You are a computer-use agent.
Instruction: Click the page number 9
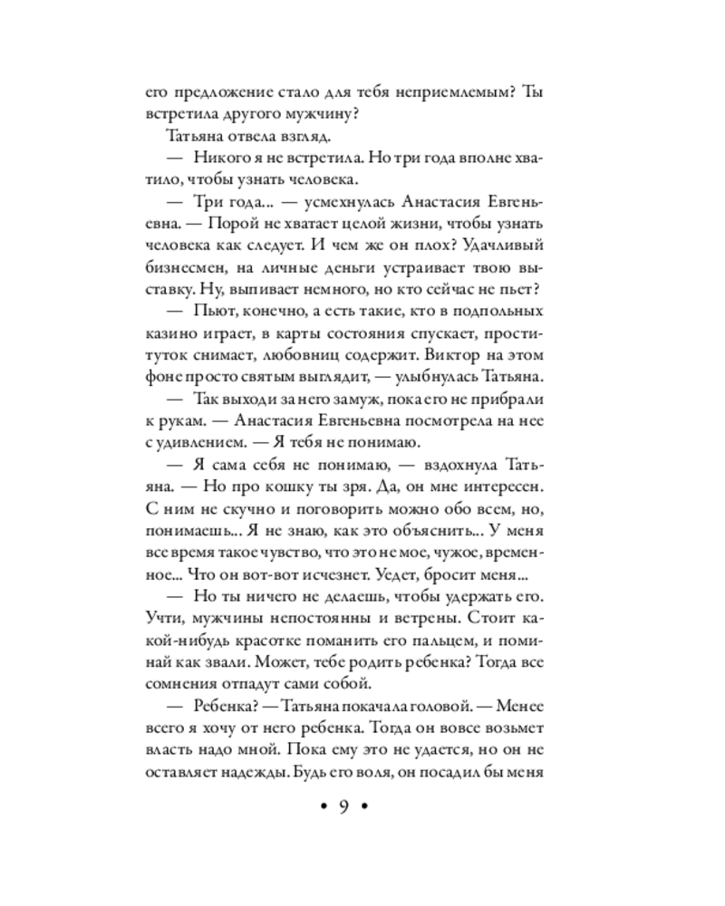point(344,808)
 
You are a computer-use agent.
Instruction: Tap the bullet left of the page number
point(319,808)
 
